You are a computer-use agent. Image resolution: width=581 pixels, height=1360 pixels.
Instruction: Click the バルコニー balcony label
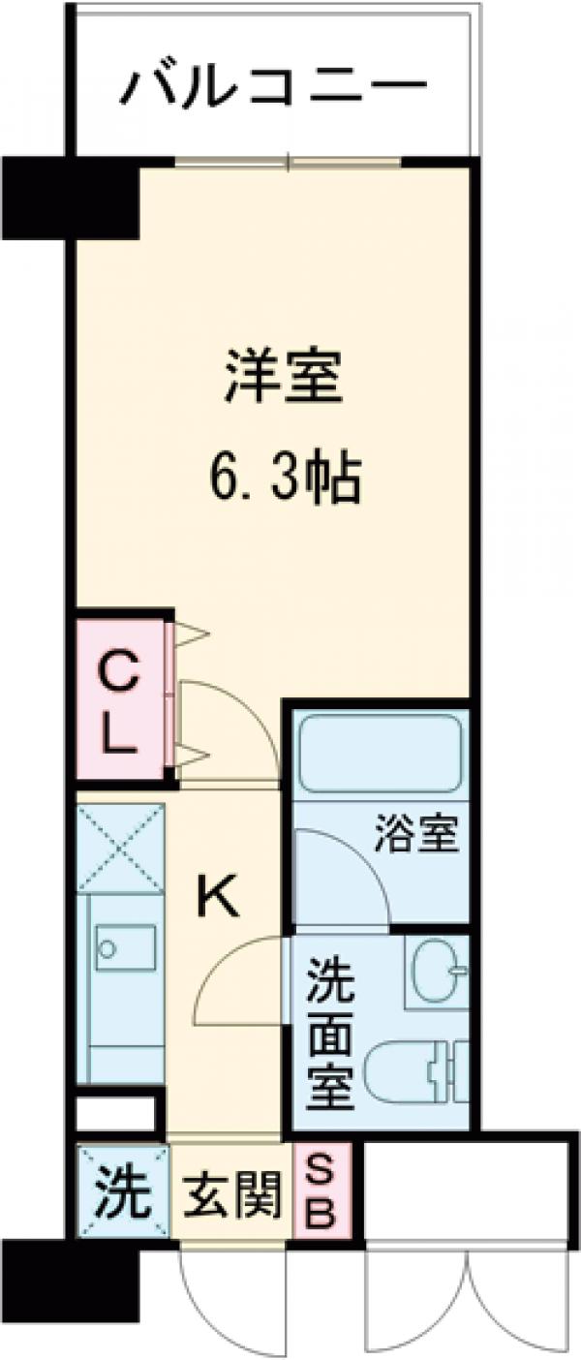tap(274, 91)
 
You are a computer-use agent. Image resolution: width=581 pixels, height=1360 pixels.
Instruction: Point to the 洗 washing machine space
tap(121, 1190)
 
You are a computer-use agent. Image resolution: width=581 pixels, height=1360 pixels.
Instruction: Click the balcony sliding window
tap(288, 161)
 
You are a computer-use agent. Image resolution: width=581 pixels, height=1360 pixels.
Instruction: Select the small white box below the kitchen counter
tap(116, 1112)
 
